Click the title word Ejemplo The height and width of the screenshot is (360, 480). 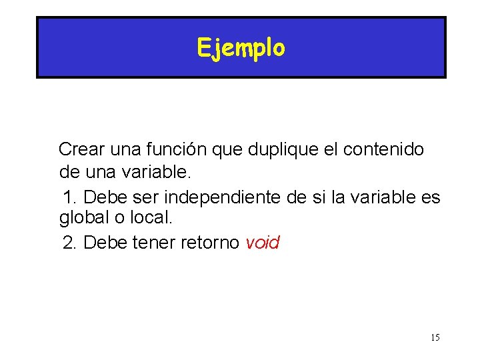pyautogui.click(x=241, y=48)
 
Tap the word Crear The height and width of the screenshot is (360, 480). pyautogui.click(x=77, y=149)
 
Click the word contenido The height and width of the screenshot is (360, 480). pyautogui.click(x=383, y=149)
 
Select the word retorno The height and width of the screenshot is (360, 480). pyautogui.click(x=209, y=243)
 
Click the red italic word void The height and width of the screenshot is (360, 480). pyautogui.click(x=263, y=243)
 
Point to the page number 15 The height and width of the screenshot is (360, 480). pyautogui.click(x=435, y=337)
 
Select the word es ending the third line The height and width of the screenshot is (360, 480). pyautogui.click(x=431, y=197)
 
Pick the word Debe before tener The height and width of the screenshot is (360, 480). pyautogui.click(x=106, y=243)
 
